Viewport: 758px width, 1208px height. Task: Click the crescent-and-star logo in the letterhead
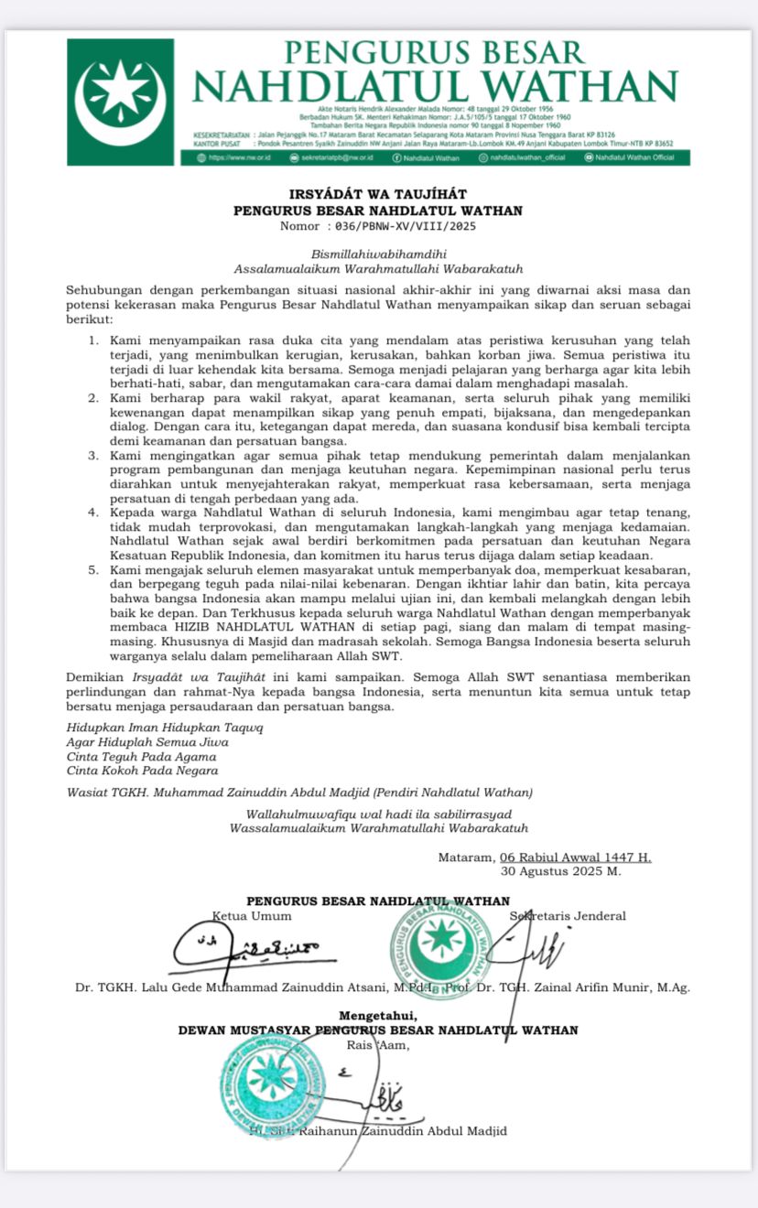120,92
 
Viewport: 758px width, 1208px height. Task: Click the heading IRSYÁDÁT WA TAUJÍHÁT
378,194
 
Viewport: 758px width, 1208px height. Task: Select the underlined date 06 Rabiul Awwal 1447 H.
575,857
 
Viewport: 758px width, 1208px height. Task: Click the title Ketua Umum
252,916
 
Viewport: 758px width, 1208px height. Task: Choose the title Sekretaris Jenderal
568,916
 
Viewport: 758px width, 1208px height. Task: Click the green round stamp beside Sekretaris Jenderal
440,944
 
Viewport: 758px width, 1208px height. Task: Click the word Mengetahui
378,1015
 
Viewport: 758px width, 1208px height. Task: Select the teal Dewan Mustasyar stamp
272,1086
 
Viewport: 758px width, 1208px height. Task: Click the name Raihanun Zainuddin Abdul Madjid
396,1131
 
